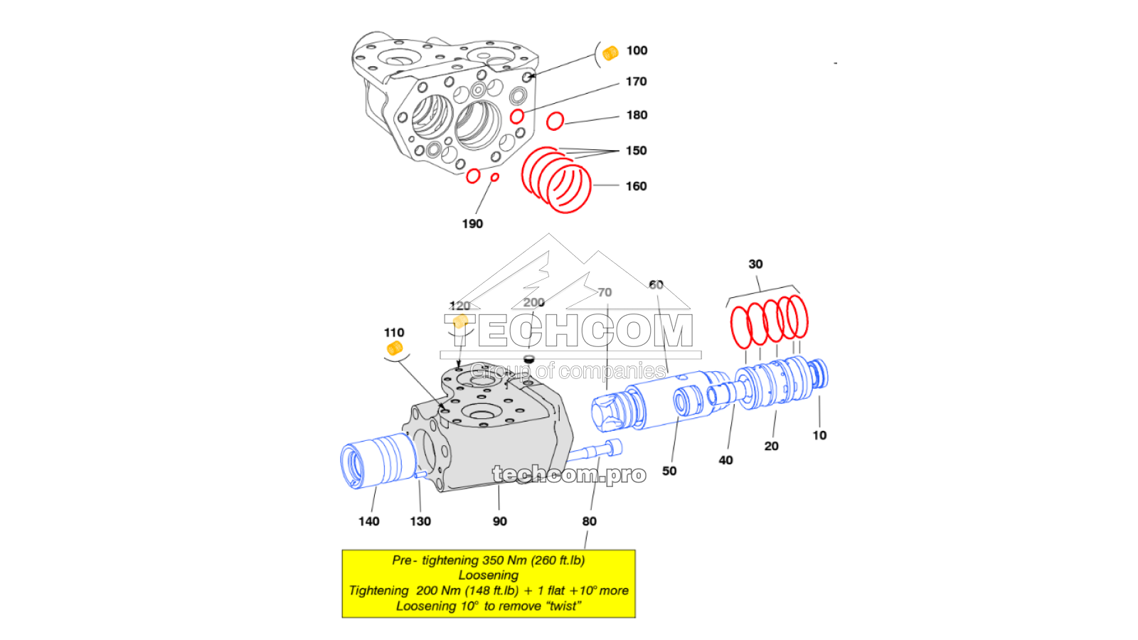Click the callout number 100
pos(637,50)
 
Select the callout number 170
pos(636,82)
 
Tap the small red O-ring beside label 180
pos(555,121)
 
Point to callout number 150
pos(636,151)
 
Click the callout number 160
pos(636,186)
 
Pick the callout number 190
pos(472,224)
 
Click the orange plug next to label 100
pos(610,53)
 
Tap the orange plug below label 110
pos(394,348)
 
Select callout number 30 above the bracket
pos(755,264)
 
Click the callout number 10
pos(819,435)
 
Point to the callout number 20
pos(771,446)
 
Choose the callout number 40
pos(725,460)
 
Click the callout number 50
pos(669,471)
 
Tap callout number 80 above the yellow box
pos(589,521)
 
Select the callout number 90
pos(500,521)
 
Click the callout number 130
pos(420,521)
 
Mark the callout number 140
pos(368,521)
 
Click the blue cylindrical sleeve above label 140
pos(377,461)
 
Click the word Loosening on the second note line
pos(488,575)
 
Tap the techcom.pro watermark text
pos(569,474)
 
